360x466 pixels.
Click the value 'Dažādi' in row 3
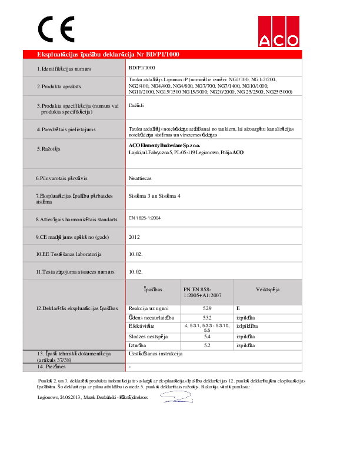tap(136, 105)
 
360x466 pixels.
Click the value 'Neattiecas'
tap(141, 177)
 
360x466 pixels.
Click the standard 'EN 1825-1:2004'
tap(145, 218)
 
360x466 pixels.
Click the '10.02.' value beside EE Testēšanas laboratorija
tap(135, 254)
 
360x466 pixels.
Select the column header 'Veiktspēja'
tap(267, 289)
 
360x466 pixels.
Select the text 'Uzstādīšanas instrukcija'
tap(156, 354)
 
